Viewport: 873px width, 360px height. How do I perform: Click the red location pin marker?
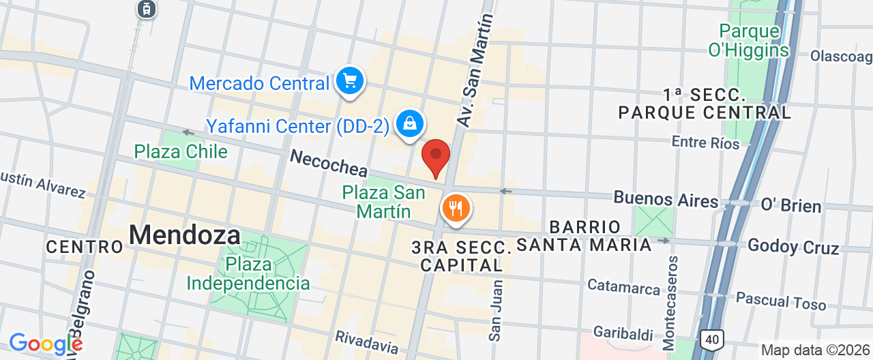click(x=436, y=156)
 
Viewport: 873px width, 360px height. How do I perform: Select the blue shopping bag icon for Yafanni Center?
click(x=409, y=124)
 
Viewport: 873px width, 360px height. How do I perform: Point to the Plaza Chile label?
click(x=181, y=151)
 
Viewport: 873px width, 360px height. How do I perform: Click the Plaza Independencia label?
click(x=248, y=273)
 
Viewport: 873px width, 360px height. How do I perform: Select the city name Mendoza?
click(x=184, y=235)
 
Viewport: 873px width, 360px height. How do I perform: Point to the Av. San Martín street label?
click(x=475, y=72)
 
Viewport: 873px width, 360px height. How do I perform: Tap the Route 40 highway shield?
click(x=711, y=339)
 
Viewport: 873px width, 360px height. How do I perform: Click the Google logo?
click(x=45, y=344)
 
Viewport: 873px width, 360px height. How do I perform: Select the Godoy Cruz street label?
click(x=793, y=246)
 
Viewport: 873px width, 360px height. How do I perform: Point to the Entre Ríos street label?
click(x=705, y=142)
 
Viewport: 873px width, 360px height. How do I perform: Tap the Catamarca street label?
click(x=623, y=287)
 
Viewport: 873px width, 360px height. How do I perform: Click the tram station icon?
click(x=146, y=9)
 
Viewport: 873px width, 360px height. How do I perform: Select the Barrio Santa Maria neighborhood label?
click(x=585, y=236)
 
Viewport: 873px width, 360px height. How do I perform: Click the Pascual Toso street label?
click(x=781, y=301)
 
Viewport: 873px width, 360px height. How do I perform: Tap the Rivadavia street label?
click(x=366, y=342)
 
